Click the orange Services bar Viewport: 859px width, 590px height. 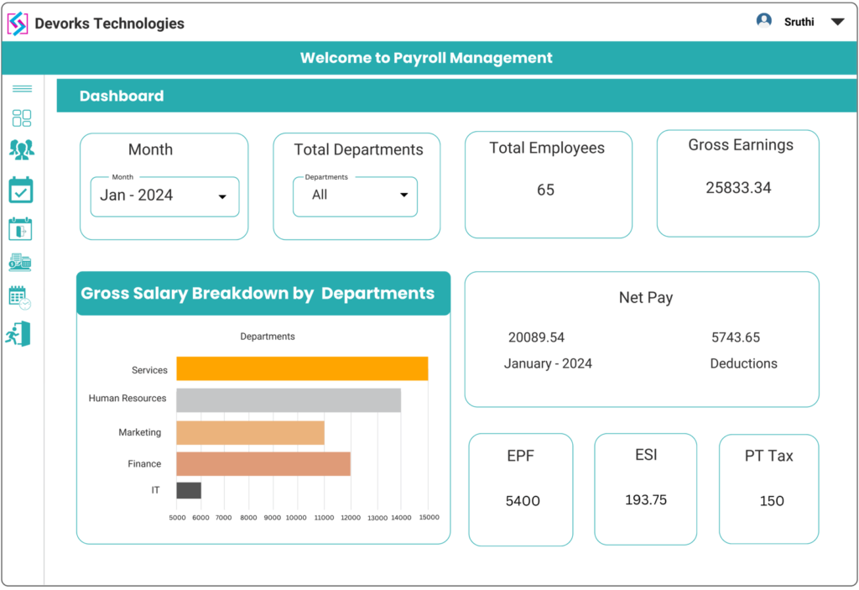[x=302, y=369]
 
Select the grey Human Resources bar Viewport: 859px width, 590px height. [x=288, y=400]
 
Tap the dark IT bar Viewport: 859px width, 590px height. [x=189, y=490]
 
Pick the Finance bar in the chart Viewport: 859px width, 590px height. [x=263, y=464]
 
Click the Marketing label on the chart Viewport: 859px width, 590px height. [x=139, y=432]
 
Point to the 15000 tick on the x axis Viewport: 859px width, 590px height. [x=428, y=518]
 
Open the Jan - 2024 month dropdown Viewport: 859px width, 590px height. [x=164, y=196]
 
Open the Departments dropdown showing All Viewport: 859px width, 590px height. [x=355, y=196]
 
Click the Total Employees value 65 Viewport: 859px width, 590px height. [x=545, y=191]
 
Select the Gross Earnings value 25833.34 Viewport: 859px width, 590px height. [x=738, y=188]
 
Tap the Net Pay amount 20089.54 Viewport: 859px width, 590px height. [x=536, y=337]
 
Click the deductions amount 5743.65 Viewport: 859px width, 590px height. [x=736, y=337]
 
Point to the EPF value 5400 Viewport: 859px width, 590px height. [x=523, y=501]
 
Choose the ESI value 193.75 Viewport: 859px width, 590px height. [x=646, y=500]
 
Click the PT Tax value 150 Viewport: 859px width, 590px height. [x=771, y=501]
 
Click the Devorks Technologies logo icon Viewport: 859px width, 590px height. [x=18, y=23]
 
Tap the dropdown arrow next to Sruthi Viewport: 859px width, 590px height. [x=836, y=23]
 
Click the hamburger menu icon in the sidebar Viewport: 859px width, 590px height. [x=22, y=88]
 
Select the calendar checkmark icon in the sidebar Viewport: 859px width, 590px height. [x=21, y=191]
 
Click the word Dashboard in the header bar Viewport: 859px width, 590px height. [x=122, y=96]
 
